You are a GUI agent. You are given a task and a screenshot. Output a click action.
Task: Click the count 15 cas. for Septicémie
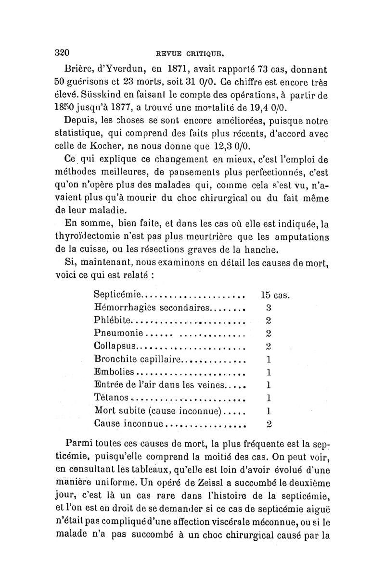(275, 294)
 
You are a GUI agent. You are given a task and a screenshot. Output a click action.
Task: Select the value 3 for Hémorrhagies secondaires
(269, 307)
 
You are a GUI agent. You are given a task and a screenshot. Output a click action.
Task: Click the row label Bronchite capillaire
(138, 359)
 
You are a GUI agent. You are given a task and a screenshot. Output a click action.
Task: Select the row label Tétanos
(112, 398)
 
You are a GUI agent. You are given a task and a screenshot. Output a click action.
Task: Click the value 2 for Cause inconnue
(269, 423)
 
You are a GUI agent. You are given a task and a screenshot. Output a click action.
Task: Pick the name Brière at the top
(79, 68)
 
